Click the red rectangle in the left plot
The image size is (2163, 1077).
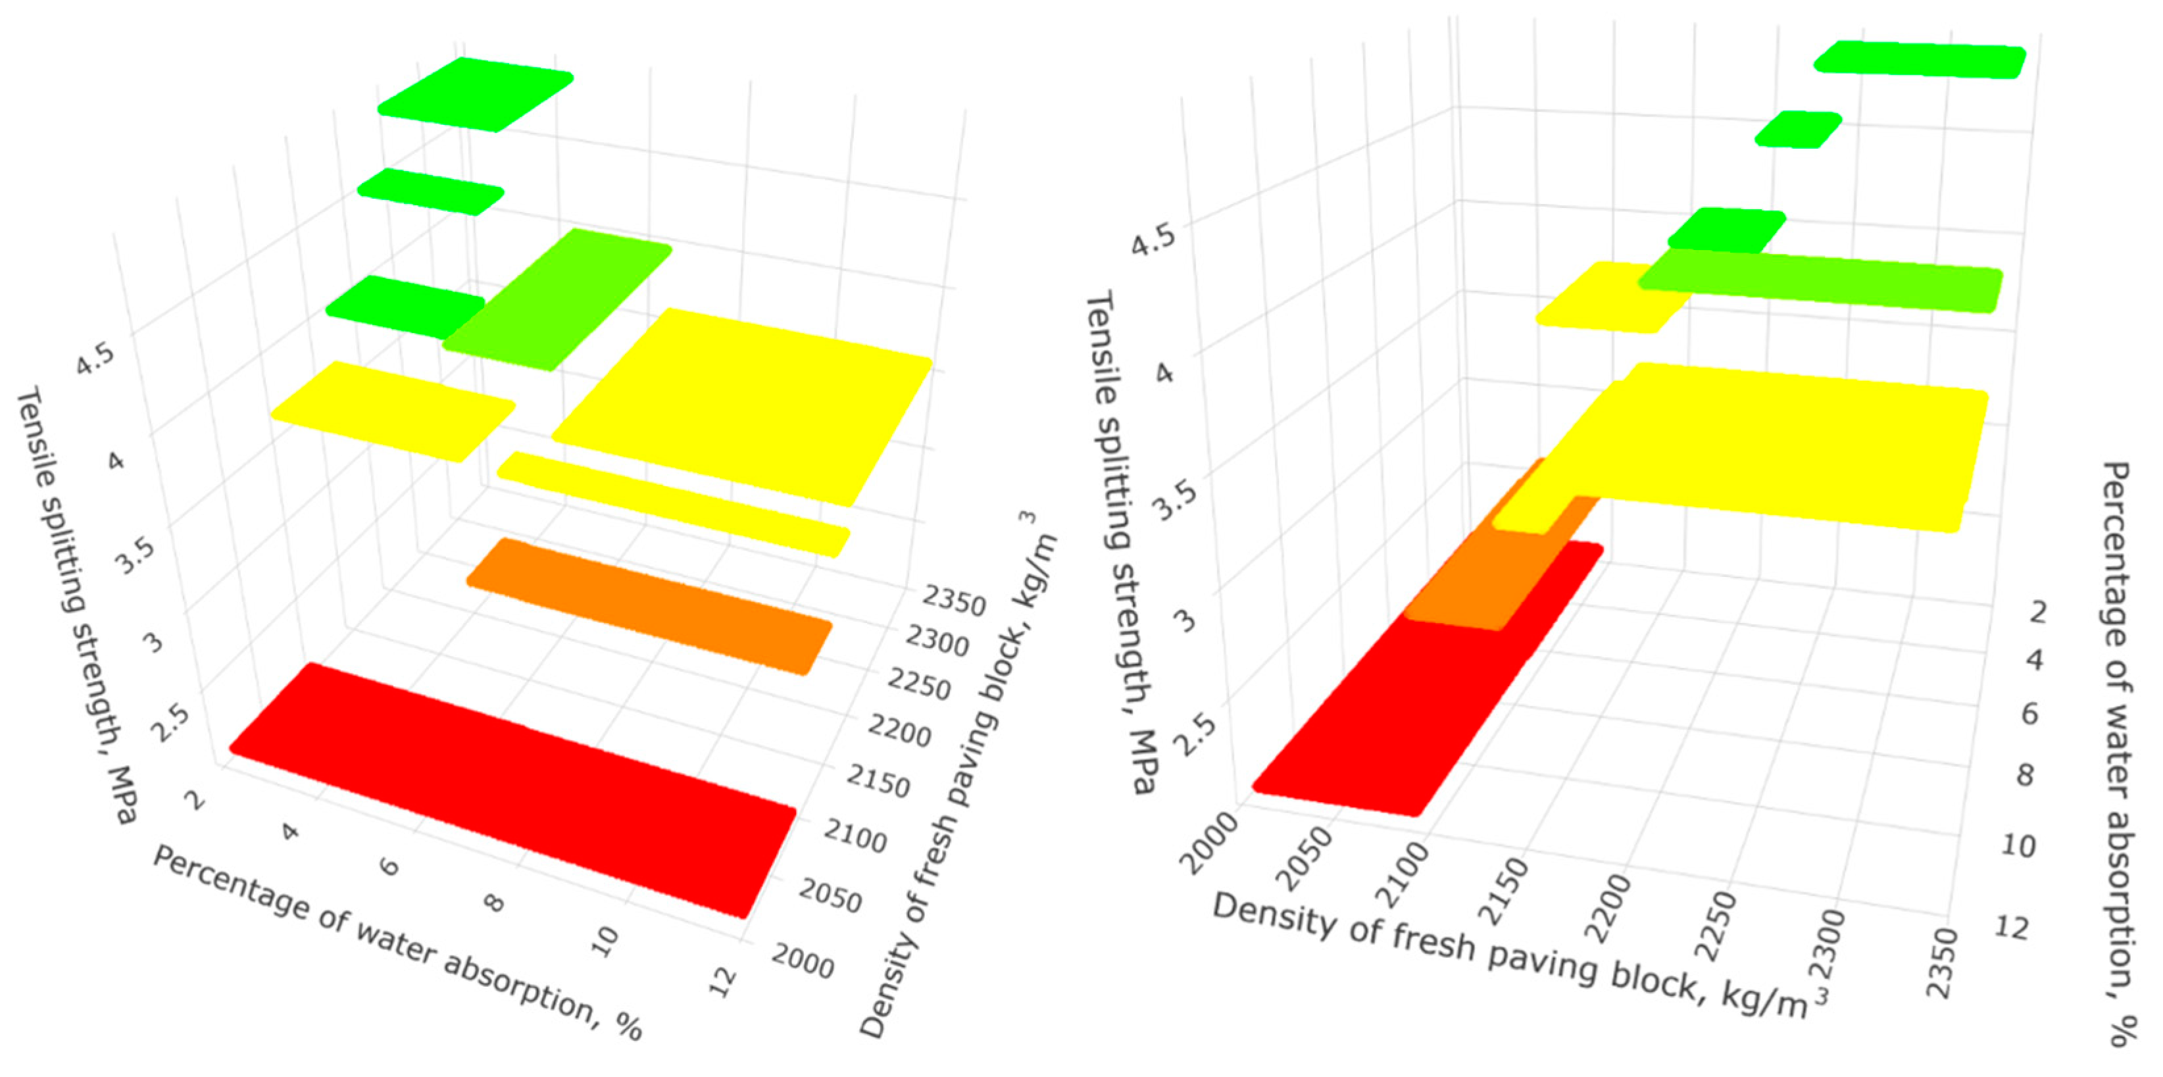click(x=512, y=789)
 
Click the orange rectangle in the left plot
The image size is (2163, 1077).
click(x=648, y=606)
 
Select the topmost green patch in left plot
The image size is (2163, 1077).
click(x=475, y=94)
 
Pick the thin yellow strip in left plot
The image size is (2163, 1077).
click(x=672, y=504)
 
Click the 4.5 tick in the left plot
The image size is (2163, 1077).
click(x=94, y=359)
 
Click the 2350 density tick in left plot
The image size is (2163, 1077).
click(x=954, y=601)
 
